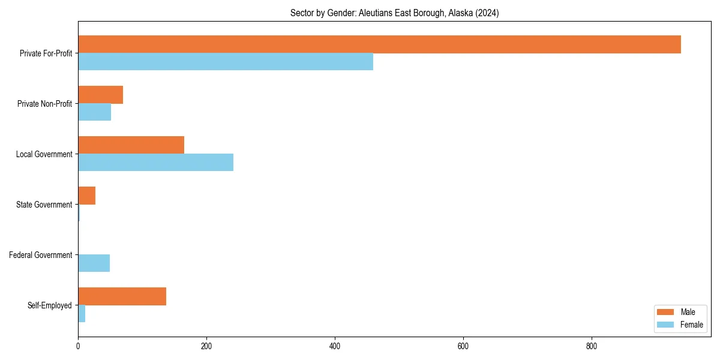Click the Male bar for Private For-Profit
379,44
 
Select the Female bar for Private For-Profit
226,62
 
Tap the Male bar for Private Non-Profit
100,95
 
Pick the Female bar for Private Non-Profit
94,112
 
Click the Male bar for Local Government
131,145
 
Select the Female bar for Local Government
155,163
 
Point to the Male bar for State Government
86,196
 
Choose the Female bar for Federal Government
94,263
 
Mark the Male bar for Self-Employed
122,296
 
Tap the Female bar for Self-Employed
82,314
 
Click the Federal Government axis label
40,255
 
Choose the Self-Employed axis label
50,305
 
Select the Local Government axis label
44,154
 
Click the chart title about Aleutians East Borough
394,13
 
